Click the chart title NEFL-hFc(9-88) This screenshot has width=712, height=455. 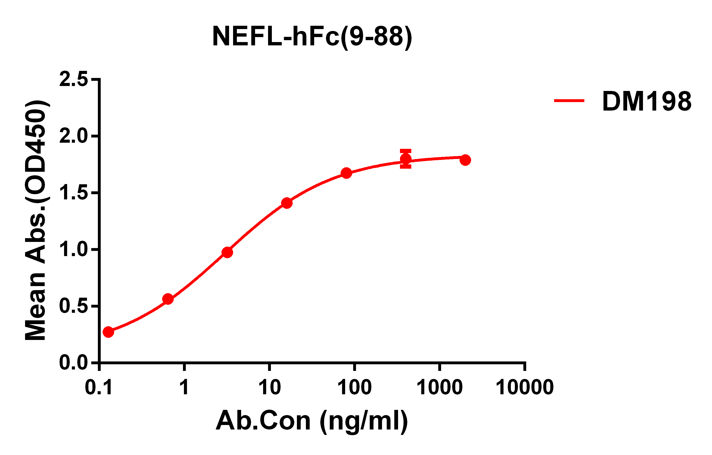(312, 37)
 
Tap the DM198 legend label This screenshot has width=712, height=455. (647, 101)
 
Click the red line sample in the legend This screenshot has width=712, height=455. (569, 101)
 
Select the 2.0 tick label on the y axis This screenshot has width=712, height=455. (74, 136)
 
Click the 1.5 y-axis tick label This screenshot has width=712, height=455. (74, 193)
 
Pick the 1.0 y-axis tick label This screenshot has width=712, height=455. (74, 250)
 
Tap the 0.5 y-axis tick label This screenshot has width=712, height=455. (74, 306)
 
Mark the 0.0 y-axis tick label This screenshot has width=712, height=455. (74, 363)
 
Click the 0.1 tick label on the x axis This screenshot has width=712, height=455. (99, 387)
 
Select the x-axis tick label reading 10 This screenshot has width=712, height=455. (269, 387)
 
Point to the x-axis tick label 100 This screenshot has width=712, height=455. (355, 387)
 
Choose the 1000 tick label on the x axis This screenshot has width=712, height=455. (440, 387)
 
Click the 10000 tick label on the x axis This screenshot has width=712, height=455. (525, 387)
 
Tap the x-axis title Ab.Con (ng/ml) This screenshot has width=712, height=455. (312, 421)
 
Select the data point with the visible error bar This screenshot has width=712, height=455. (406, 159)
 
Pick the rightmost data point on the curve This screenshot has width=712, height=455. (465, 160)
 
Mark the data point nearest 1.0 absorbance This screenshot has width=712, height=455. (227, 252)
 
